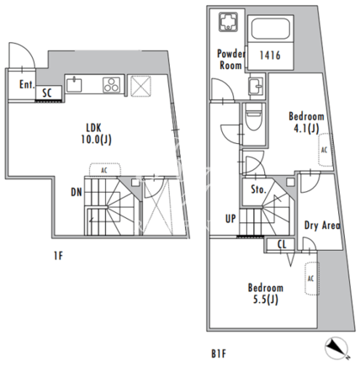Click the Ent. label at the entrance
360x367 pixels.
27,84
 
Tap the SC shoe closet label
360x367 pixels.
47,93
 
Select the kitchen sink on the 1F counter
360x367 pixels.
74,85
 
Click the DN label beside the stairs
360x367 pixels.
77,192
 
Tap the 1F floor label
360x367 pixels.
58,256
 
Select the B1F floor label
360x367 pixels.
218,354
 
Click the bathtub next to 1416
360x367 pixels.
270,29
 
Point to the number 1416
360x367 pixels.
270,56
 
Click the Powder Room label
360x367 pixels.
230,60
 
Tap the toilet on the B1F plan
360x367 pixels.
253,117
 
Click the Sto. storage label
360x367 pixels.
258,189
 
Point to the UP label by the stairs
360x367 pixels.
230,219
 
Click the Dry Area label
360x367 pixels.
322,225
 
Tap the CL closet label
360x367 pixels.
282,244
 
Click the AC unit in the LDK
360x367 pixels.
105,170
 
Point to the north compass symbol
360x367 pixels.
336,346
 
